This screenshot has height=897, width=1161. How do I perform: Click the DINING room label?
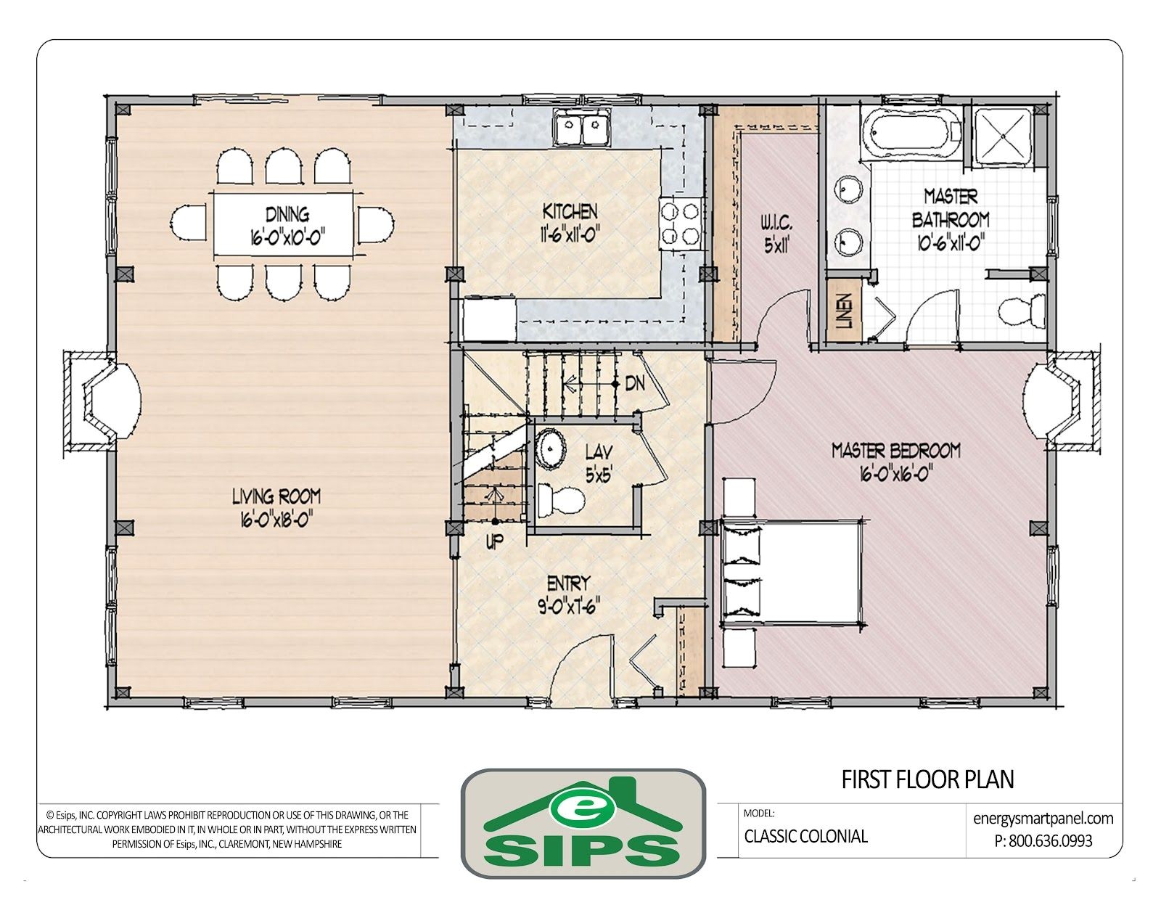[x=287, y=215]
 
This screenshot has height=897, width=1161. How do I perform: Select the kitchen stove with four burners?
[x=681, y=224]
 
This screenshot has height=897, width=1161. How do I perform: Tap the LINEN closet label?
[x=844, y=311]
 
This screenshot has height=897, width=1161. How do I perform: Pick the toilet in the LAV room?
[x=561, y=500]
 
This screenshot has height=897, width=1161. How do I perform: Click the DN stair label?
[x=635, y=384]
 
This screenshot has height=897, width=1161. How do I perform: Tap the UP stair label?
[x=494, y=541]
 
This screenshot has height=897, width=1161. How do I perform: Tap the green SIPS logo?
[x=583, y=823]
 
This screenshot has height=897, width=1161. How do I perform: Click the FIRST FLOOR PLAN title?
[x=927, y=779]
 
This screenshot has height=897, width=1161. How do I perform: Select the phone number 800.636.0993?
[x=1043, y=840]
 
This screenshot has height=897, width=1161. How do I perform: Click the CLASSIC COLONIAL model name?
[x=805, y=836]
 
